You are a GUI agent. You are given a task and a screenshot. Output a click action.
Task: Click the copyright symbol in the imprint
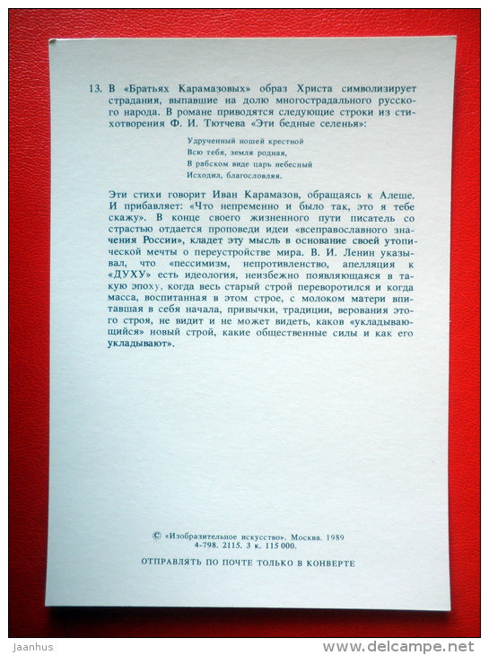158,535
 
